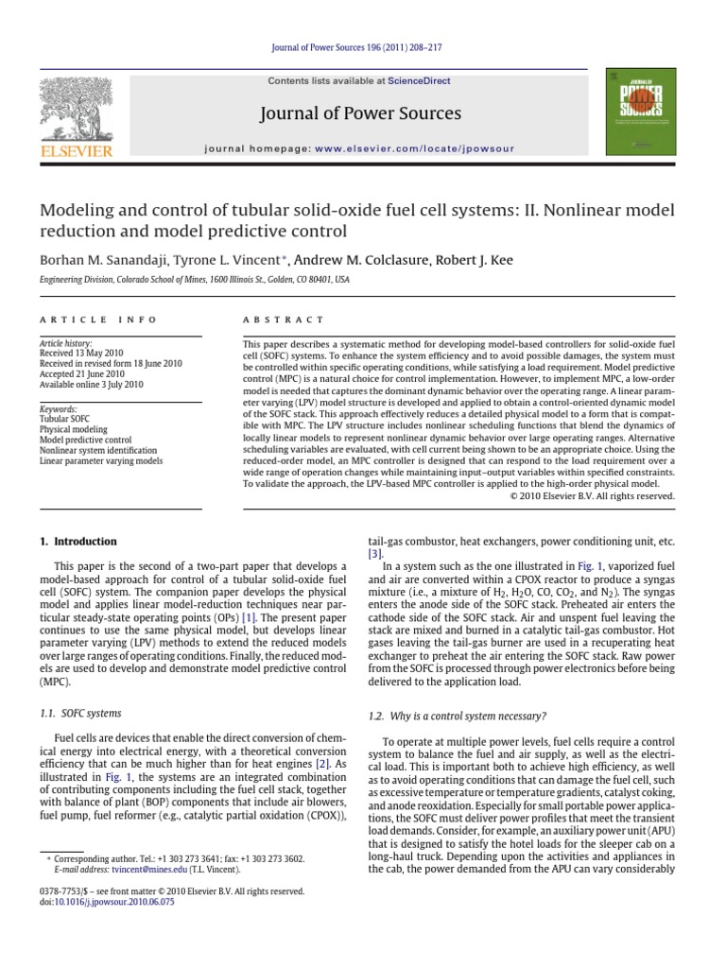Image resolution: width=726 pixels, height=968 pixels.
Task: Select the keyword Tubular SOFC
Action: (x=66, y=418)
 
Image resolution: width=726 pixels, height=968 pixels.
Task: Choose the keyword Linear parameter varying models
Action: (x=100, y=460)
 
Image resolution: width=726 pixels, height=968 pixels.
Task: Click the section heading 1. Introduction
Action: (x=78, y=542)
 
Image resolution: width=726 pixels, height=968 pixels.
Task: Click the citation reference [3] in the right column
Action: (x=374, y=554)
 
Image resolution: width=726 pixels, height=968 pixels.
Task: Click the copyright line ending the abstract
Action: (x=593, y=495)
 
